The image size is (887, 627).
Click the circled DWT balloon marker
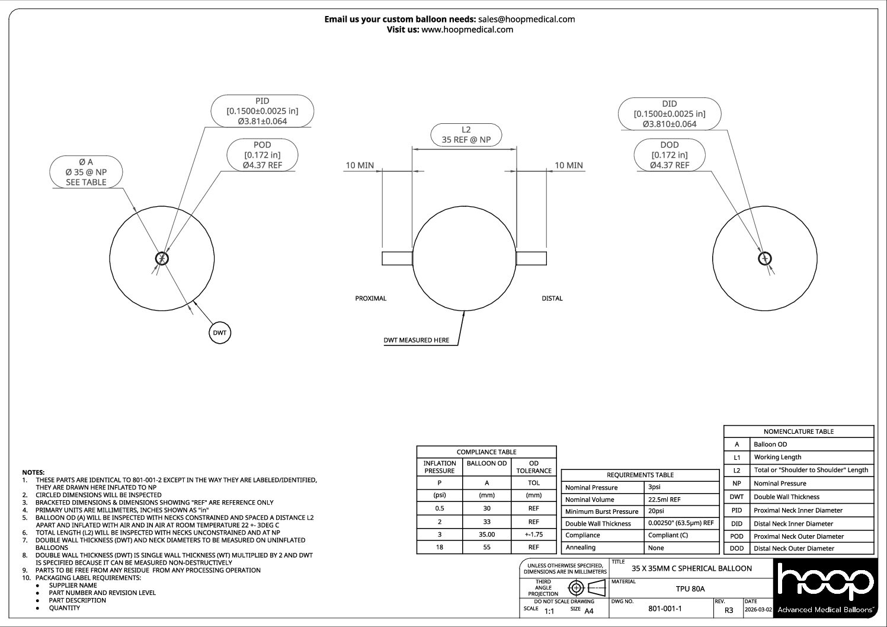(x=220, y=333)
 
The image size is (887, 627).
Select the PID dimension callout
(x=262, y=111)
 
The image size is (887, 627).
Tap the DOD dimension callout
(x=670, y=155)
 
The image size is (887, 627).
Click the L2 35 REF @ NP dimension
(x=466, y=135)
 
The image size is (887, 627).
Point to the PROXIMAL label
(x=370, y=298)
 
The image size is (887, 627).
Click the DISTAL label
(x=552, y=298)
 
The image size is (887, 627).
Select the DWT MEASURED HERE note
(x=417, y=340)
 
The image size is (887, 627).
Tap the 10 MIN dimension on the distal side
(x=568, y=165)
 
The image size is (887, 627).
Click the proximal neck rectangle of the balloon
(x=397, y=258)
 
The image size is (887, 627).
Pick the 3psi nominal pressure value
(x=654, y=487)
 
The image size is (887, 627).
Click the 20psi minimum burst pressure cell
(x=656, y=511)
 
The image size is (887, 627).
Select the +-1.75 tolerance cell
(x=534, y=534)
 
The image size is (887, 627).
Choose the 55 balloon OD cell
(x=486, y=547)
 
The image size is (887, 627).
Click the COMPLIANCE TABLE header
(x=486, y=452)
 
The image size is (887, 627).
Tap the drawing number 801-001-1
(x=665, y=609)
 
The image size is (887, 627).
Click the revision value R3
(x=729, y=610)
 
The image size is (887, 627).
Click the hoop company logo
(x=825, y=587)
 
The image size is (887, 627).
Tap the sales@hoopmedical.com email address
(x=526, y=19)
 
